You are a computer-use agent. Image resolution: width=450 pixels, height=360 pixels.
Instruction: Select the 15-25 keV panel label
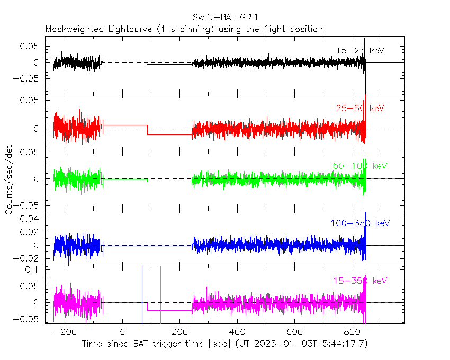(359, 51)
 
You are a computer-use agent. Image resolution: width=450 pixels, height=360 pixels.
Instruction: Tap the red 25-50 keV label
(359, 109)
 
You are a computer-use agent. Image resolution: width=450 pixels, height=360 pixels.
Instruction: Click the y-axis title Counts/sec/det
(9, 180)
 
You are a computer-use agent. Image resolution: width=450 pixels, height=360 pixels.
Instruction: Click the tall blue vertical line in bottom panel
(142, 294)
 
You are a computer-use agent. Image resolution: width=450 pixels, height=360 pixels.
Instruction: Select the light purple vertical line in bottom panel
(160, 294)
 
